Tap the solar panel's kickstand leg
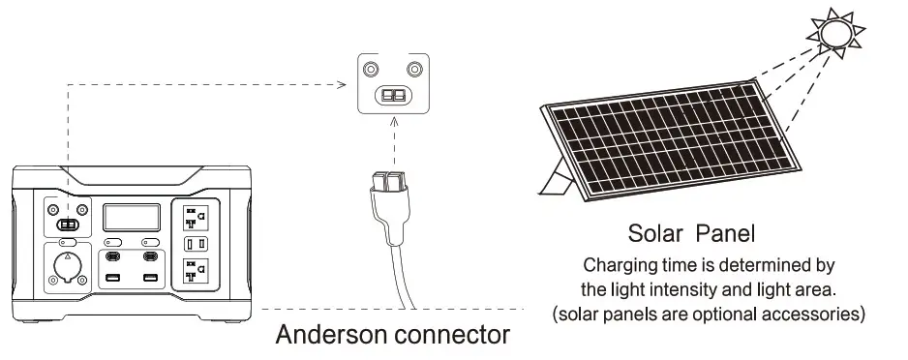[560, 181]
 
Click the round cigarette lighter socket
[68, 267]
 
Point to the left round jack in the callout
[370, 70]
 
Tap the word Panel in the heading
[725, 233]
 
